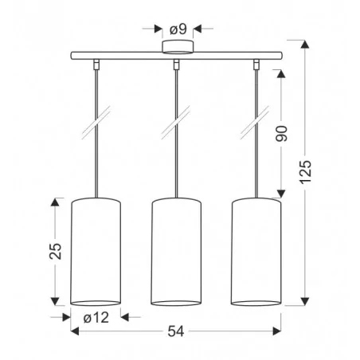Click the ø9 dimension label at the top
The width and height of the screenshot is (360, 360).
pyautogui.click(x=176, y=29)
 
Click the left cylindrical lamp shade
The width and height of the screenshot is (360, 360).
pyautogui.click(x=96, y=251)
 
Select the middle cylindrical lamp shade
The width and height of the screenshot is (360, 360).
pyautogui.click(x=176, y=251)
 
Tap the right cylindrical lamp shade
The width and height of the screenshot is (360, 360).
pyautogui.click(x=256, y=251)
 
